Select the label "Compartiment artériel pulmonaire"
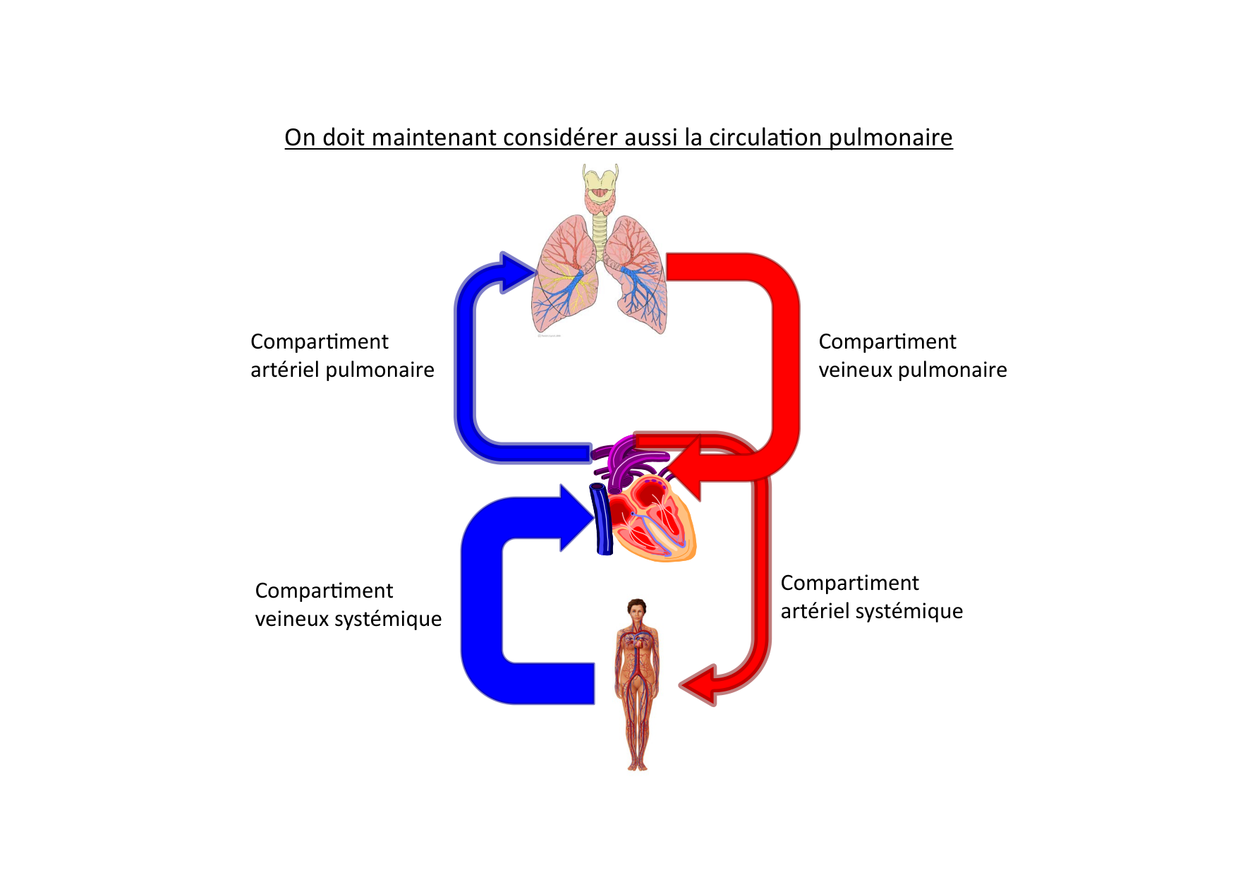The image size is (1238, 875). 342,356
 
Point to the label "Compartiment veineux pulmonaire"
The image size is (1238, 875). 912,356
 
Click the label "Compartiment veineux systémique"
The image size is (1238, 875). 348,605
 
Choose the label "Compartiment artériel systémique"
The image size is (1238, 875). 871,597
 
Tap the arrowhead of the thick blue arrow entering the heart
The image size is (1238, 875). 576,519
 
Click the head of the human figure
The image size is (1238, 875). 637,610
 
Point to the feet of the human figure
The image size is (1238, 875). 637,765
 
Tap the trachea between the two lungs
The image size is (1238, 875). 600,233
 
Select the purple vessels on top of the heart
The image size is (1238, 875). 624,462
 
